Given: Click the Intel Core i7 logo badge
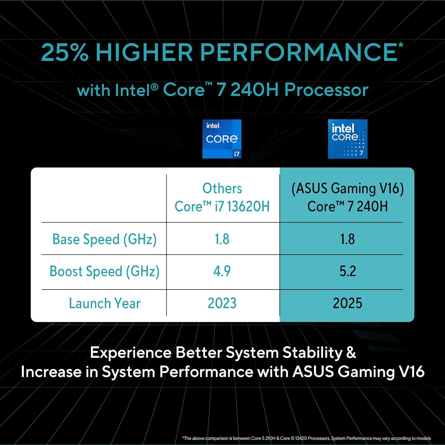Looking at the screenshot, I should [222, 139].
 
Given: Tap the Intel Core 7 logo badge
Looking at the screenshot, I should [347, 139].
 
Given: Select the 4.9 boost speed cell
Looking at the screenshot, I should [222, 271].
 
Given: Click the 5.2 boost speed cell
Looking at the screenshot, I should [347, 271].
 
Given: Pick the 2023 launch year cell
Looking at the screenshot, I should [222, 303].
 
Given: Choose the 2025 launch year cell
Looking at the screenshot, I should [347, 303].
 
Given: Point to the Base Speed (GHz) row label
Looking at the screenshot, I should [104, 239].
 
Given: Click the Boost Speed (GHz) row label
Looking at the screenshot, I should [104, 271].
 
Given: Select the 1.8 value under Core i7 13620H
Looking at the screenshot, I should [222, 239].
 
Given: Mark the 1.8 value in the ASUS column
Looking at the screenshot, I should [347, 239].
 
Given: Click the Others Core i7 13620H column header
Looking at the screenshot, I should [222, 197].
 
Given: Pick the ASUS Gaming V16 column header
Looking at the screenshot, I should [347, 197].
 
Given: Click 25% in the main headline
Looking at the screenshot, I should [65, 53].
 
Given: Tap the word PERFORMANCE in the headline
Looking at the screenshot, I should [299, 53].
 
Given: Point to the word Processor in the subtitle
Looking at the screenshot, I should [326, 90].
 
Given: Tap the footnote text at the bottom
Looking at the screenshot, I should [306, 438].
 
